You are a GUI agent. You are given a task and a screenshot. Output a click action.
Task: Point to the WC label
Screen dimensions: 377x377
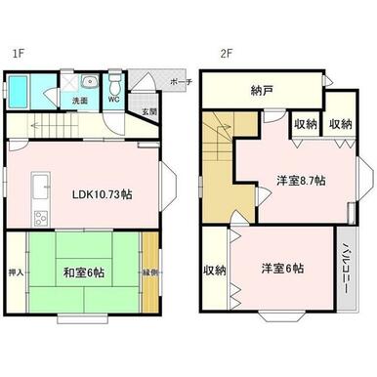(x=113, y=99)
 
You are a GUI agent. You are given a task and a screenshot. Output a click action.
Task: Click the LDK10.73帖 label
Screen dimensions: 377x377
(x=102, y=193)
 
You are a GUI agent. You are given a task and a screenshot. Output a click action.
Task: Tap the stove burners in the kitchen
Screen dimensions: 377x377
(x=40, y=217)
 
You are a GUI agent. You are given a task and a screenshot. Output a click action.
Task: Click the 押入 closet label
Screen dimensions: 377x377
(x=15, y=274)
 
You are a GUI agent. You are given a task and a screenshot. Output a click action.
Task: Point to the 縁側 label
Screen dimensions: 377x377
(x=148, y=272)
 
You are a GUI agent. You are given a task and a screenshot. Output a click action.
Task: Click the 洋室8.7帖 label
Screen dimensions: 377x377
(x=300, y=181)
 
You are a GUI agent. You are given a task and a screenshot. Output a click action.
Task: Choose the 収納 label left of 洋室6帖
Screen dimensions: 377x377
(x=215, y=270)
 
